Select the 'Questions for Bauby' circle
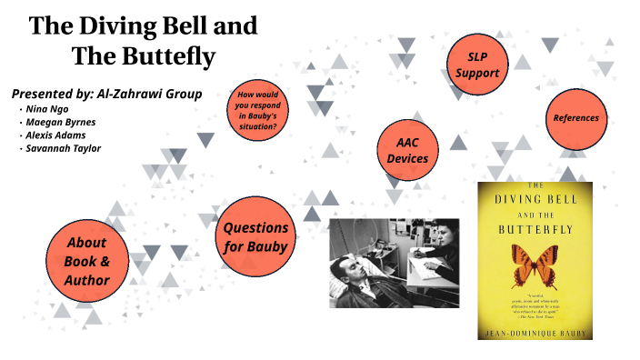click(256, 236)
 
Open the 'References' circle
click(576, 118)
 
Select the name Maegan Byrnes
click(60, 122)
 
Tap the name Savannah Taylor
click(64, 148)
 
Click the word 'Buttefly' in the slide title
click(169, 56)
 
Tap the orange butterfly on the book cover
click(535, 264)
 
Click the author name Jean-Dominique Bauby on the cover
click(535, 332)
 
